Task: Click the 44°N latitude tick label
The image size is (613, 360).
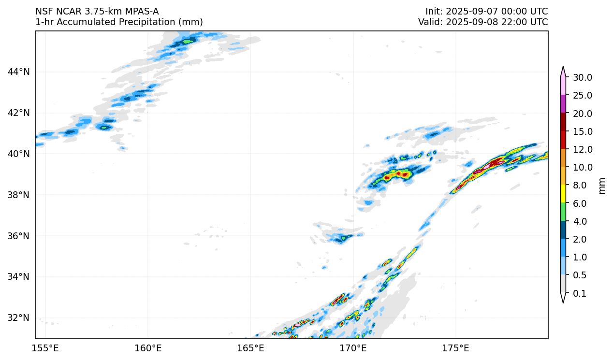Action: [x=19, y=72]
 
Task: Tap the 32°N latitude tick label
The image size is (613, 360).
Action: [x=19, y=317]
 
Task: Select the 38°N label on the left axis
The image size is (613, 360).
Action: [x=19, y=195]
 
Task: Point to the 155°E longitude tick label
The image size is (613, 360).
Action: [x=45, y=348]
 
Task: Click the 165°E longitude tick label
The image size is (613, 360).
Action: [x=250, y=348]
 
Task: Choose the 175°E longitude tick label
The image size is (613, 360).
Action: [x=455, y=348]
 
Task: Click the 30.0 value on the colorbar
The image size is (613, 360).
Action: [x=582, y=77]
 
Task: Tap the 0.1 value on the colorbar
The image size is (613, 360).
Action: [x=579, y=293]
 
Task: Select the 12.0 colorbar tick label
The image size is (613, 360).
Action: [x=582, y=149]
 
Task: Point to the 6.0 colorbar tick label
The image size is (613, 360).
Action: [x=579, y=203]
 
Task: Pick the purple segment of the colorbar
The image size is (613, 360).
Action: [x=563, y=104]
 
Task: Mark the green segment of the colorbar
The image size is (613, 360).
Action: [x=563, y=212]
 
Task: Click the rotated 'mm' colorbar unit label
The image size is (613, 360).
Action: [x=602, y=186]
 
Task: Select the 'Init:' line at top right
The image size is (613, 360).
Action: [x=486, y=11]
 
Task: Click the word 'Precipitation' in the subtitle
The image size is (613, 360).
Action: [x=124, y=22]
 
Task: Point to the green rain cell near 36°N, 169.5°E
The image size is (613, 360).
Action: [x=344, y=237]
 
